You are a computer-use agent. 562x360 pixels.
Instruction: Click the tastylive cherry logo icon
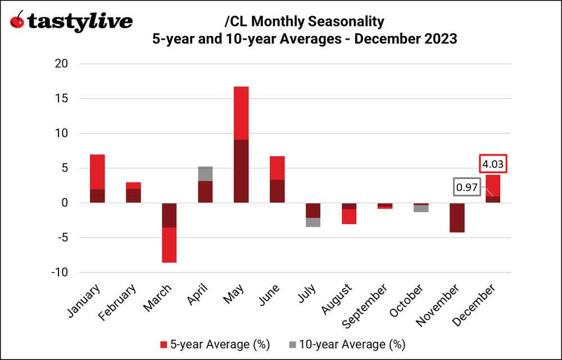click(19, 21)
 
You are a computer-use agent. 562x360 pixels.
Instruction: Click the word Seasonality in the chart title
click(350, 22)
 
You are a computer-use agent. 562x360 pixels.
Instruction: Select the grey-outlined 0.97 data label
click(466, 188)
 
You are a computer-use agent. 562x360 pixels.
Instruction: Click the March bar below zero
click(169, 233)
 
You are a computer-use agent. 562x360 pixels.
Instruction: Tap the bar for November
click(457, 217)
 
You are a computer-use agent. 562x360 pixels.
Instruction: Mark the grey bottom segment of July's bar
click(313, 222)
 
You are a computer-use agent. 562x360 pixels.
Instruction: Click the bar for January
click(97, 179)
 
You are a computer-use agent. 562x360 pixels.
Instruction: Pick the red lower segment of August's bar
click(349, 216)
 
